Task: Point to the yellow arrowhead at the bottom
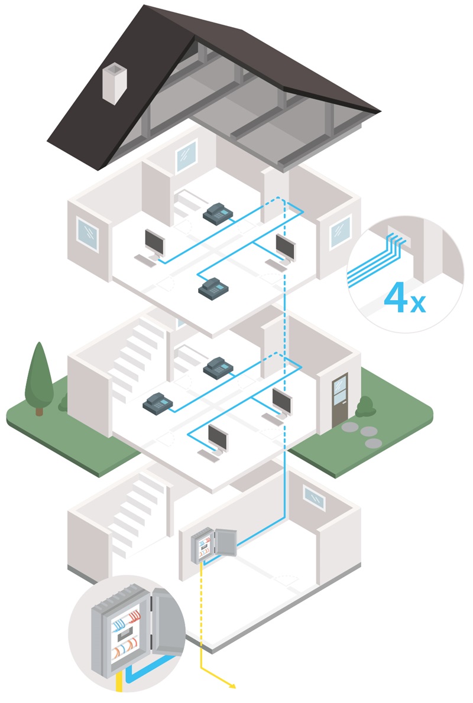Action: (232, 686)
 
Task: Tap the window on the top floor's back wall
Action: (186, 155)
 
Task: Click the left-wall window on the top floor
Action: (88, 233)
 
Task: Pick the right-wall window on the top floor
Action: (340, 231)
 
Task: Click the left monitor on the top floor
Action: (155, 243)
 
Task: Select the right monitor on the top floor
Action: (284, 247)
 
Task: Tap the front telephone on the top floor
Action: (212, 288)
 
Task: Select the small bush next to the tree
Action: (63, 403)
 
